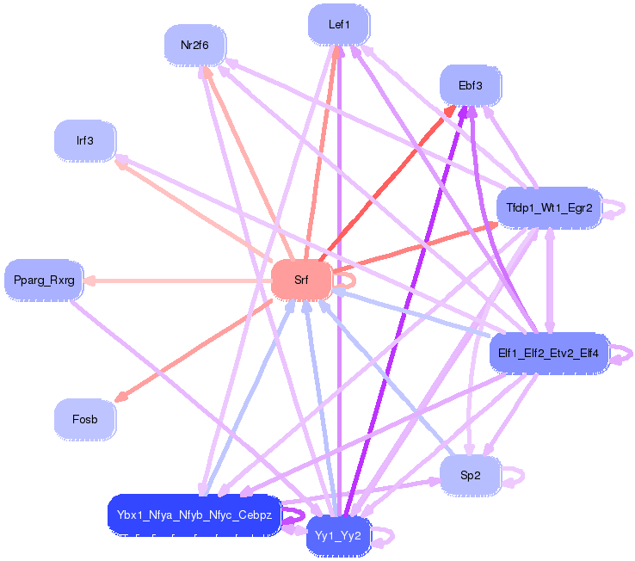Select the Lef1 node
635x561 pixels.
[x=339, y=25]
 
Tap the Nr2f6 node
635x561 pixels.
[x=194, y=45]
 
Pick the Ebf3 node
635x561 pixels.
[x=470, y=86]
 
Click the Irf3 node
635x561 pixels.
[x=84, y=140]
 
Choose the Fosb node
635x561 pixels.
[x=84, y=419]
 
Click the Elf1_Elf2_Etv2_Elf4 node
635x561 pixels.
[x=548, y=353]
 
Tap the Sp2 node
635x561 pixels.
[x=470, y=475]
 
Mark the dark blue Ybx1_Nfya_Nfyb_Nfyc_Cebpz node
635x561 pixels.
[x=194, y=515]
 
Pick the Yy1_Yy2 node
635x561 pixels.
[x=338, y=536]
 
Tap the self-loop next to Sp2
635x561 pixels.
[x=519, y=475]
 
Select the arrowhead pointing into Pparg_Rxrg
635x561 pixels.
[x=90, y=280]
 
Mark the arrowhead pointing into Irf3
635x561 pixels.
[x=121, y=160]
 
